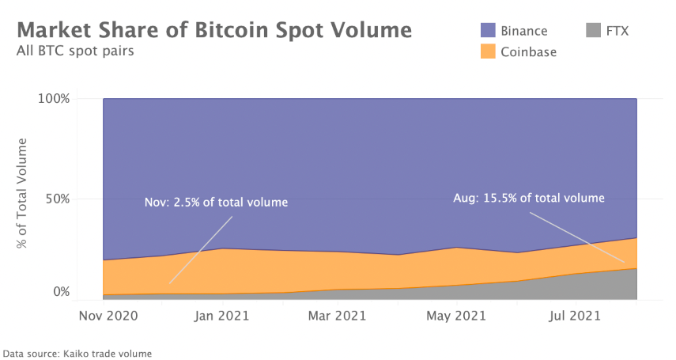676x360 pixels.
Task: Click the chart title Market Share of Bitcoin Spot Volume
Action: point(214,30)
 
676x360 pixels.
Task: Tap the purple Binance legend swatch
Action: point(488,31)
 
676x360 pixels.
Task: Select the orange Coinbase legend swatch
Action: point(488,51)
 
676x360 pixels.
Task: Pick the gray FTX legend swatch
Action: point(594,31)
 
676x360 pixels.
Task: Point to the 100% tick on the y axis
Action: point(54,99)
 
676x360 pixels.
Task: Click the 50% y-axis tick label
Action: point(57,198)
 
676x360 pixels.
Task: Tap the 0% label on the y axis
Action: point(60,291)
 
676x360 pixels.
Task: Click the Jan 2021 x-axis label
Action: point(221,316)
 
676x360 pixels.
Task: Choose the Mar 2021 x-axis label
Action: point(338,316)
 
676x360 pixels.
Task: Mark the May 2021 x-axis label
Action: point(455,316)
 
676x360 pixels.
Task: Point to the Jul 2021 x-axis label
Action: point(573,316)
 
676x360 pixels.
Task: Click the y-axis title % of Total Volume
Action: point(23,193)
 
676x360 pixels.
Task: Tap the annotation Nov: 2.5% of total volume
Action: point(216,203)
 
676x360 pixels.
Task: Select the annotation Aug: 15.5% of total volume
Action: point(528,198)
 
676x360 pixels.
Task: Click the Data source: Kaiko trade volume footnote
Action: point(77,354)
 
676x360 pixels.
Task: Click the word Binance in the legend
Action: point(524,31)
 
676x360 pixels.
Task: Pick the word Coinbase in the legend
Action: point(529,51)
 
